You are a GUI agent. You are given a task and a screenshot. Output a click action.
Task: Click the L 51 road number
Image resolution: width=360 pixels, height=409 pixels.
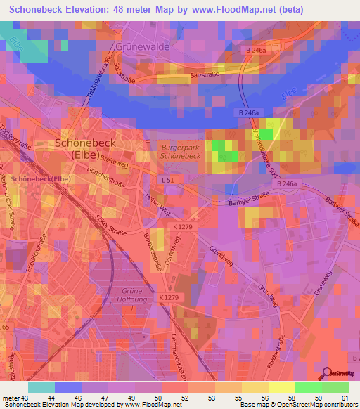coord(167,181)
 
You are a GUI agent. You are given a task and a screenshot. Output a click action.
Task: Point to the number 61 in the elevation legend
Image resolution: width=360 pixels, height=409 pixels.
coord(343,398)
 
